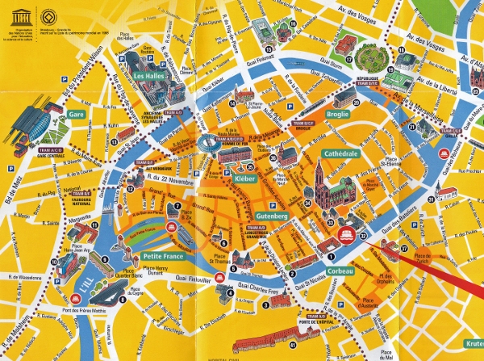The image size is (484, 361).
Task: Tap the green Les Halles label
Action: pyautogui.click(x=151, y=76)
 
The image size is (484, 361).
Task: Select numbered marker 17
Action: pyautogui.click(x=348, y=58)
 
